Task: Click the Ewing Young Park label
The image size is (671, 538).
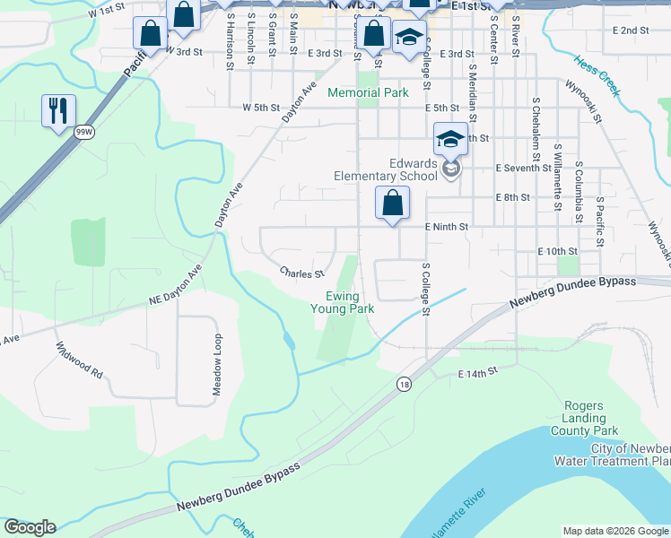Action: [342, 302]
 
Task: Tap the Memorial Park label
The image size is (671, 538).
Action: [368, 92]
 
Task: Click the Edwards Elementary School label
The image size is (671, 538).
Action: [386, 169]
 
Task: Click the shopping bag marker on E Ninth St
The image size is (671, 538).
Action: [392, 204]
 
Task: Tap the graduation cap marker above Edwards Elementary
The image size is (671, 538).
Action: [450, 139]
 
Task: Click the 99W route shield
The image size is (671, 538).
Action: [84, 132]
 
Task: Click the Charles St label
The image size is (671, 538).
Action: [301, 272]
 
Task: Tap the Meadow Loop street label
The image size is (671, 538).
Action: [216, 365]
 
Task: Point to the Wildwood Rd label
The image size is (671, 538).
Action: [79, 359]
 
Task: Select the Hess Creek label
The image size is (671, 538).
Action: [597, 77]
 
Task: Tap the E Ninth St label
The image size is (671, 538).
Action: [447, 227]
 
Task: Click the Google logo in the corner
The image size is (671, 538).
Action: [30, 527]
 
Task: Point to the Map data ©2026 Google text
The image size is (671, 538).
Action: [615, 531]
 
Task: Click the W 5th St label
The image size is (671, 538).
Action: [261, 108]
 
